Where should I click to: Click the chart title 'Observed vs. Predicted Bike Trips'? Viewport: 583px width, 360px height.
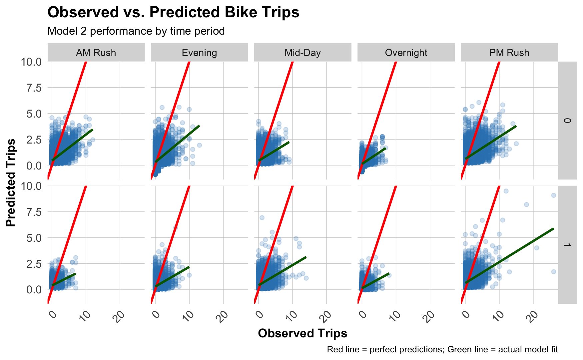click(173, 13)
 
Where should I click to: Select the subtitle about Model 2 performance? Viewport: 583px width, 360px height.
click(136, 31)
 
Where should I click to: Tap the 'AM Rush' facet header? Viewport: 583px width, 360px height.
click(96, 53)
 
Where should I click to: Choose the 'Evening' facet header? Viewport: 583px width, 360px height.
click(199, 53)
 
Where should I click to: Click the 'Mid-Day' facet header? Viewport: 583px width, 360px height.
click(302, 53)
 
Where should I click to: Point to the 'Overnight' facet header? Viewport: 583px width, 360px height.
click(406, 53)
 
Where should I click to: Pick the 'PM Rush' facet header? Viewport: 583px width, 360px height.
click(509, 53)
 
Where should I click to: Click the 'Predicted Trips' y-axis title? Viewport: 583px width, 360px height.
click(11, 182)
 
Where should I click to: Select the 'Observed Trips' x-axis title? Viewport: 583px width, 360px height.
click(302, 333)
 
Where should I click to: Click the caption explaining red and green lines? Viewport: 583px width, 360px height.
click(442, 349)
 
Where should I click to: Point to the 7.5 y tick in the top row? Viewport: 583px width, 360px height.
click(32, 88)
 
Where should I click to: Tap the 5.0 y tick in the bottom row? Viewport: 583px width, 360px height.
click(32, 238)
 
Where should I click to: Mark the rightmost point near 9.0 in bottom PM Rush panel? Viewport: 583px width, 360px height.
click(553, 195)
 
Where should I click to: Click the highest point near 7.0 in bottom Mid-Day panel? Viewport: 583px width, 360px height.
click(262, 217)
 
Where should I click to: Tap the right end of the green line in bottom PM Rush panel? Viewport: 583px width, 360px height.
click(553, 228)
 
